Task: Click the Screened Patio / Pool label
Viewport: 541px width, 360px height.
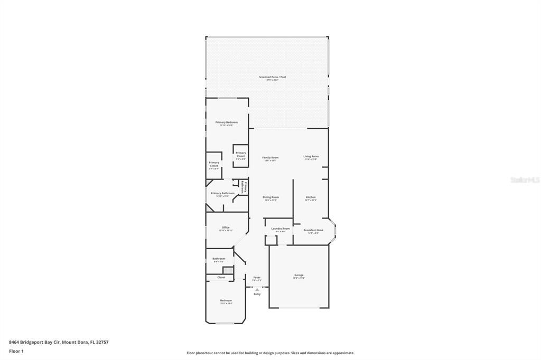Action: (x=272, y=77)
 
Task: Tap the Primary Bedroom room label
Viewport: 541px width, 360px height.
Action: (x=226, y=122)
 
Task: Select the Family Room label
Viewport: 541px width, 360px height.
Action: (x=270, y=157)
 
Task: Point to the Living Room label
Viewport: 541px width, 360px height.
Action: (x=311, y=156)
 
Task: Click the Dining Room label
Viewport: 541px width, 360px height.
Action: (x=270, y=197)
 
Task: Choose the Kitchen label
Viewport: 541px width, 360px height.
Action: (x=311, y=197)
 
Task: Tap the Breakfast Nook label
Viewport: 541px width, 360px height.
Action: (x=313, y=230)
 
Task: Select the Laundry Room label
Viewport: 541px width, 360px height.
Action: (x=280, y=229)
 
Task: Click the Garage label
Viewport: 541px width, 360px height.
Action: (x=299, y=275)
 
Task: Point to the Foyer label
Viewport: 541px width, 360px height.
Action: (x=257, y=277)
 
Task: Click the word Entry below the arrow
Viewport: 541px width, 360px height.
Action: (x=257, y=294)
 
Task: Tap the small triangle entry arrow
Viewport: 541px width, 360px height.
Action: (x=257, y=289)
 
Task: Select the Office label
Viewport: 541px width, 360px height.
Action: (x=226, y=228)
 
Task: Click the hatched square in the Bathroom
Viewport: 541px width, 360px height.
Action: (x=226, y=270)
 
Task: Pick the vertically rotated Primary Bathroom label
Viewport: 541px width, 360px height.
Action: (x=244, y=188)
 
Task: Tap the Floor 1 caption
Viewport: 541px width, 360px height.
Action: (x=16, y=351)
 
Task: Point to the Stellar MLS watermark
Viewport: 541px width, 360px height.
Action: (x=525, y=180)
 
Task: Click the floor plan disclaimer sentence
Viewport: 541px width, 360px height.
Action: (x=270, y=353)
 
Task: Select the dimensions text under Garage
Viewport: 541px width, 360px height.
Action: (x=299, y=278)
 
